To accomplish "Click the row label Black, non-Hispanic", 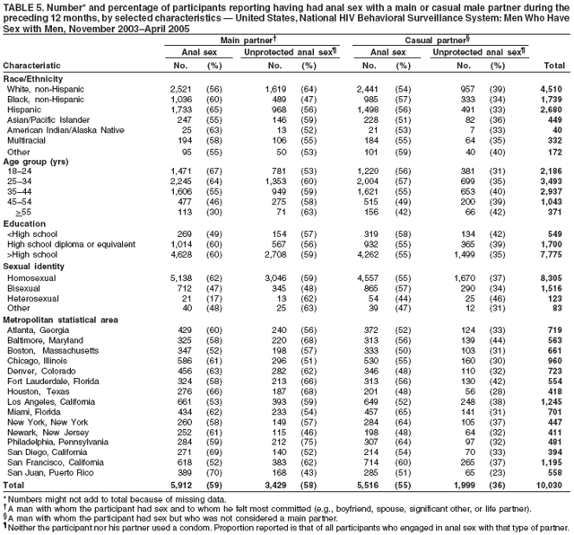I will click(x=42, y=98).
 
